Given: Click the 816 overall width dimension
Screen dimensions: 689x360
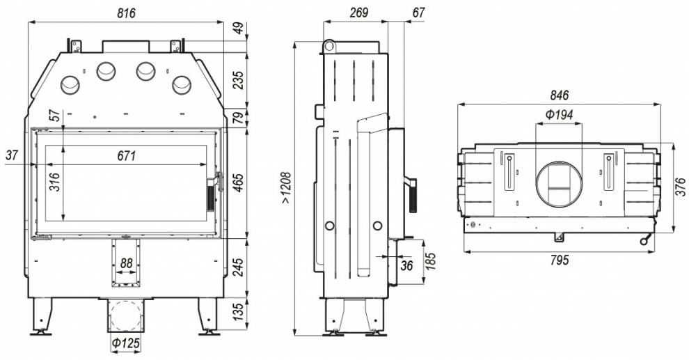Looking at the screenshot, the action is (x=126, y=13).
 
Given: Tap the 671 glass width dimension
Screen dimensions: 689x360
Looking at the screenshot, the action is (x=127, y=155).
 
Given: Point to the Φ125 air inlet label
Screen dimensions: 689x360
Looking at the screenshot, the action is (x=126, y=343).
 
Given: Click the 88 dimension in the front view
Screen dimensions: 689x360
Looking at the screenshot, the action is (x=126, y=263).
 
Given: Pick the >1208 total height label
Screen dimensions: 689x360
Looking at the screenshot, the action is (x=286, y=188).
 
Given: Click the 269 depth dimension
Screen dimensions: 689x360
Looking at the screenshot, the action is (x=358, y=13).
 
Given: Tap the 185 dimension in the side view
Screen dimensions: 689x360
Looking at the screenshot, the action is (x=431, y=262).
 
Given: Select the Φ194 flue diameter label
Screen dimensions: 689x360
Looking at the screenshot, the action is (x=560, y=115).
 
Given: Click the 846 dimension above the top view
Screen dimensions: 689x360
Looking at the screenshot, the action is (x=559, y=95).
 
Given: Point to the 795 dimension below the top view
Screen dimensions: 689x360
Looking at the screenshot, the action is (x=559, y=260).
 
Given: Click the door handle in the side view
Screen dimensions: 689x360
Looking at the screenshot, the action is (x=412, y=194).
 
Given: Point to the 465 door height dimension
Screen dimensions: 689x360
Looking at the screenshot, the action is (x=238, y=183).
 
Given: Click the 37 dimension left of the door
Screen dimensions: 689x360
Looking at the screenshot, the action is (x=13, y=155).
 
